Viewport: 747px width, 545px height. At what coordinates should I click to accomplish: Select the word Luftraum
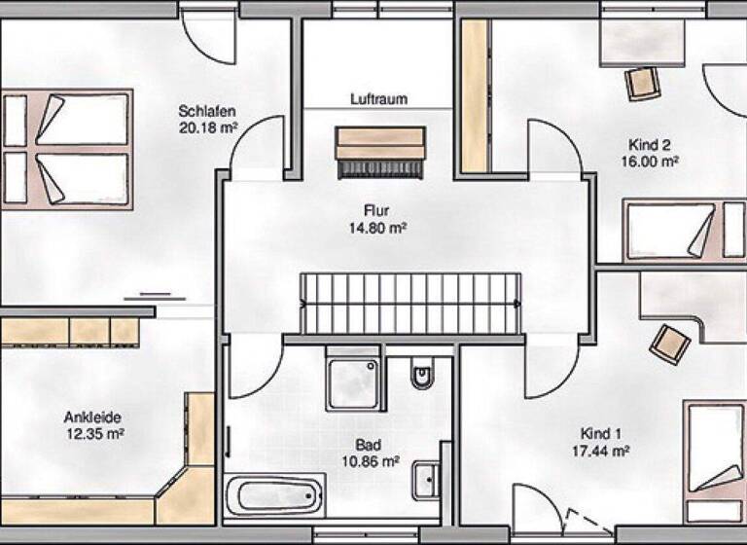tap(378, 99)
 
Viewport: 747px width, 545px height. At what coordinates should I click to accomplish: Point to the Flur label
tap(376, 210)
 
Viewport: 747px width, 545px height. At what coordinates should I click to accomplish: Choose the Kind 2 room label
tap(649, 145)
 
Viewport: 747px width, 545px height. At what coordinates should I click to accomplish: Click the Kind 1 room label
tap(600, 433)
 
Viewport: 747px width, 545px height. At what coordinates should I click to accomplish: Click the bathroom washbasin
tap(425, 480)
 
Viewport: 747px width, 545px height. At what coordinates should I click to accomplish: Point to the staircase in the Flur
tap(409, 303)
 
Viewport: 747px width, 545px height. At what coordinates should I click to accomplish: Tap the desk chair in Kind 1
tap(670, 343)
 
